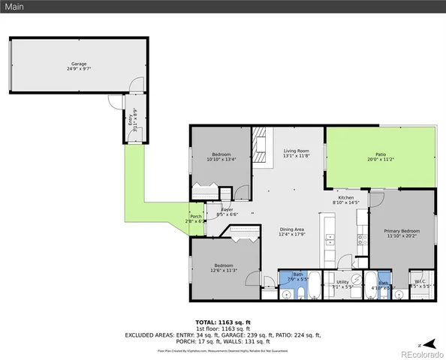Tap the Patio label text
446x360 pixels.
[x=381, y=154]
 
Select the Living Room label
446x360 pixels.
[x=296, y=151]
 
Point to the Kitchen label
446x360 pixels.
[x=346, y=198]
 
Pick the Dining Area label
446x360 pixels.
[x=292, y=229]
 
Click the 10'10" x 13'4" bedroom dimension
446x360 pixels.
[x=221, y=159]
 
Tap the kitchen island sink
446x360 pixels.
[x=329, y=240]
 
